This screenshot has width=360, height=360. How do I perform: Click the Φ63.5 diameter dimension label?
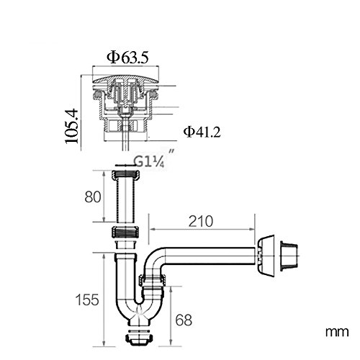[127, 58]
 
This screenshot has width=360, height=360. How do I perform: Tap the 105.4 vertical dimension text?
[72, 127]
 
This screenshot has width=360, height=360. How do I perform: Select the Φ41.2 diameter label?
[202, 132]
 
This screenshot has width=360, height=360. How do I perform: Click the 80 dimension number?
[93, 197]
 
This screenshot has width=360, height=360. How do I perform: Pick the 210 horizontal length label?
[201, 221]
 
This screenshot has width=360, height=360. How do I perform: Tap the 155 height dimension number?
[87, 300]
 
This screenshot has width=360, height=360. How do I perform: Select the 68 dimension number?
[184, 320]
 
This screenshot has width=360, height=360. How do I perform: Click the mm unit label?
[337, 332]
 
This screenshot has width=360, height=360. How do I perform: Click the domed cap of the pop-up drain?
[125, 78]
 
